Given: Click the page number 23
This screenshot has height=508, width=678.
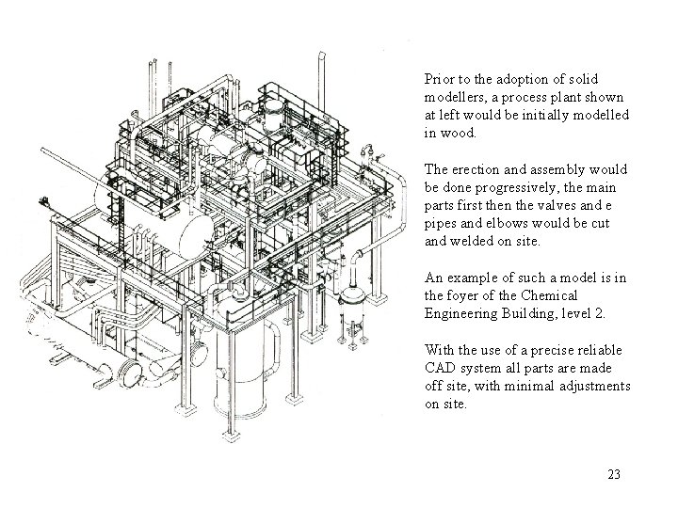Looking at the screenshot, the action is [614, 474].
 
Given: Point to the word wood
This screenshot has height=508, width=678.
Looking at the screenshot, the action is [460, 134].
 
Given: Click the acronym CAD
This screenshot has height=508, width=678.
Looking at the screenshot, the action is [441, 369].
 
